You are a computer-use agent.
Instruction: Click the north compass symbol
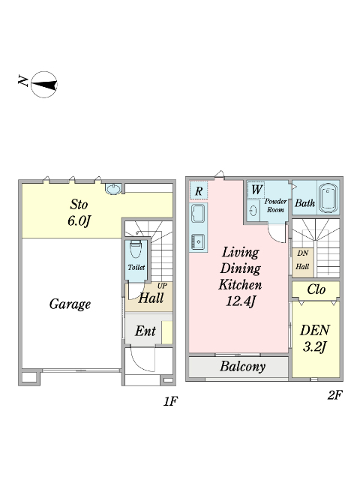tap(44, 85)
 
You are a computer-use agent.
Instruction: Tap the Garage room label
tap(70, 304)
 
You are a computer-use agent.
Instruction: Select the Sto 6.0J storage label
tap(79, 212)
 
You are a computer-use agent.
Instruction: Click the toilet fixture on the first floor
tap(135, 249)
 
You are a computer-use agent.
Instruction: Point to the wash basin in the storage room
tap(113, 188)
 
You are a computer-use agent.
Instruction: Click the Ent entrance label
tap(145, 331)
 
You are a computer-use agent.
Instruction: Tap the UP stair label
tap(162, 286)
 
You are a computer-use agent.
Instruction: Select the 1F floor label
tap(170, 401)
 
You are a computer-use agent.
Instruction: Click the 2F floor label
tap(334, 395)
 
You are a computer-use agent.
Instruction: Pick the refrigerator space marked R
tap(198, 190)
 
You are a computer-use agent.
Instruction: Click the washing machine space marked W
tap(256, 190)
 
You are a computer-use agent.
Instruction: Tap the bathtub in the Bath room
tap(328, 198)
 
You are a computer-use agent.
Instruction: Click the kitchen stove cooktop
tap(198, 241)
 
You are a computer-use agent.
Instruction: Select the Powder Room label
tap(275, 205)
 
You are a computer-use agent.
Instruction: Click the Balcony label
tap(242, 367)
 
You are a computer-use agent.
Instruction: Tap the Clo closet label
tap(316, 289)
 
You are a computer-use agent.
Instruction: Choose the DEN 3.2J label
tap(315, 338)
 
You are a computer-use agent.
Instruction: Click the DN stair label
tap(303, 253)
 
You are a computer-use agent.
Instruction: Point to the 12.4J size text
tap(241, 301)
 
